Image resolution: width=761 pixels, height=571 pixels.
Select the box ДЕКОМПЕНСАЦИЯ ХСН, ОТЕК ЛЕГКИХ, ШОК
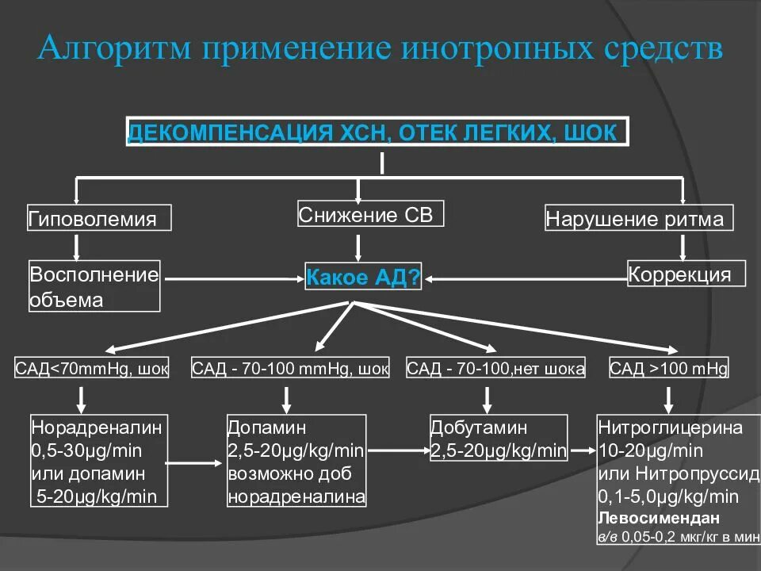point(377,132)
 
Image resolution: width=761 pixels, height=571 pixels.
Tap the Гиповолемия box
point(100,219)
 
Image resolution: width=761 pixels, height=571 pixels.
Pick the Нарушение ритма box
point(639,219)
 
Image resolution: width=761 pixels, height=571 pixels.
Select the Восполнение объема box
point(94,286)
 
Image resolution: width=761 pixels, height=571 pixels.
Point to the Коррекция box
point(686,274)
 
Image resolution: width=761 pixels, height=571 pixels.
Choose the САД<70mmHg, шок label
point(92,369)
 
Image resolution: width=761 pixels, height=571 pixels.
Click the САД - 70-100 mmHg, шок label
point(291,369)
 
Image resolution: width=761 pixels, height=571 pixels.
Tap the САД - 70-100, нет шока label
point(495,369)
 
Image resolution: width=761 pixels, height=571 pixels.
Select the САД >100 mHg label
point(668,369)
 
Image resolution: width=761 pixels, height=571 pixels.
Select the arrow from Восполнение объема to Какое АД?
point(231,278)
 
